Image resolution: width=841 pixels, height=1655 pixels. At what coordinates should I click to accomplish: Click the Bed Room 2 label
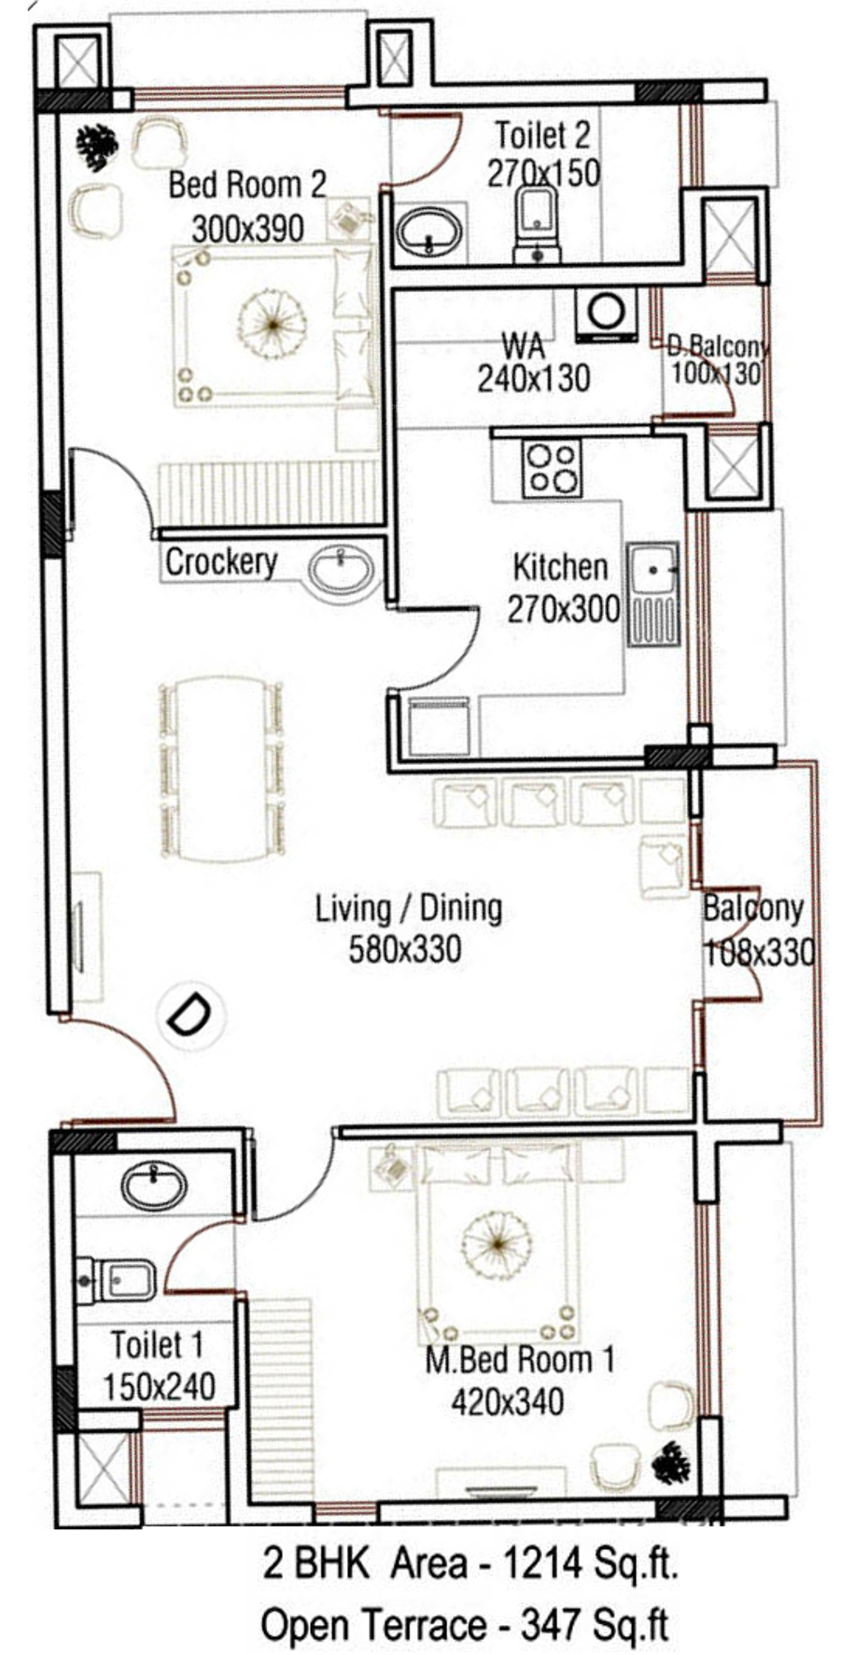pos(247,185)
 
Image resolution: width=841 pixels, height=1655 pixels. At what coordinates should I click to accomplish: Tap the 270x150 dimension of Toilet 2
pos(544,173)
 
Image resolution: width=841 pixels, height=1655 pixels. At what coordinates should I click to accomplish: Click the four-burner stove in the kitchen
pos(552,468)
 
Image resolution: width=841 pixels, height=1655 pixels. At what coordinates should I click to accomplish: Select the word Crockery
pos(221,562)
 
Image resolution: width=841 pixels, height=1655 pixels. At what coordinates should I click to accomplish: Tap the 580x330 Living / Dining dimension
pos(405,949)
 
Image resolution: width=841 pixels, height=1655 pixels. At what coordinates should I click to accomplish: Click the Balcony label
pos(753,909)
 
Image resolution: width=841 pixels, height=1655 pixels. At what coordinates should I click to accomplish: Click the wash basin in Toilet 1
pos(154,1184)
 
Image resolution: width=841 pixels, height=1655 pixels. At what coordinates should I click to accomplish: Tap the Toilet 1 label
pos(157,1344)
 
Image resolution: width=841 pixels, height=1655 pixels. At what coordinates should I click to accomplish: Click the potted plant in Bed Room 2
pos(97,147)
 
